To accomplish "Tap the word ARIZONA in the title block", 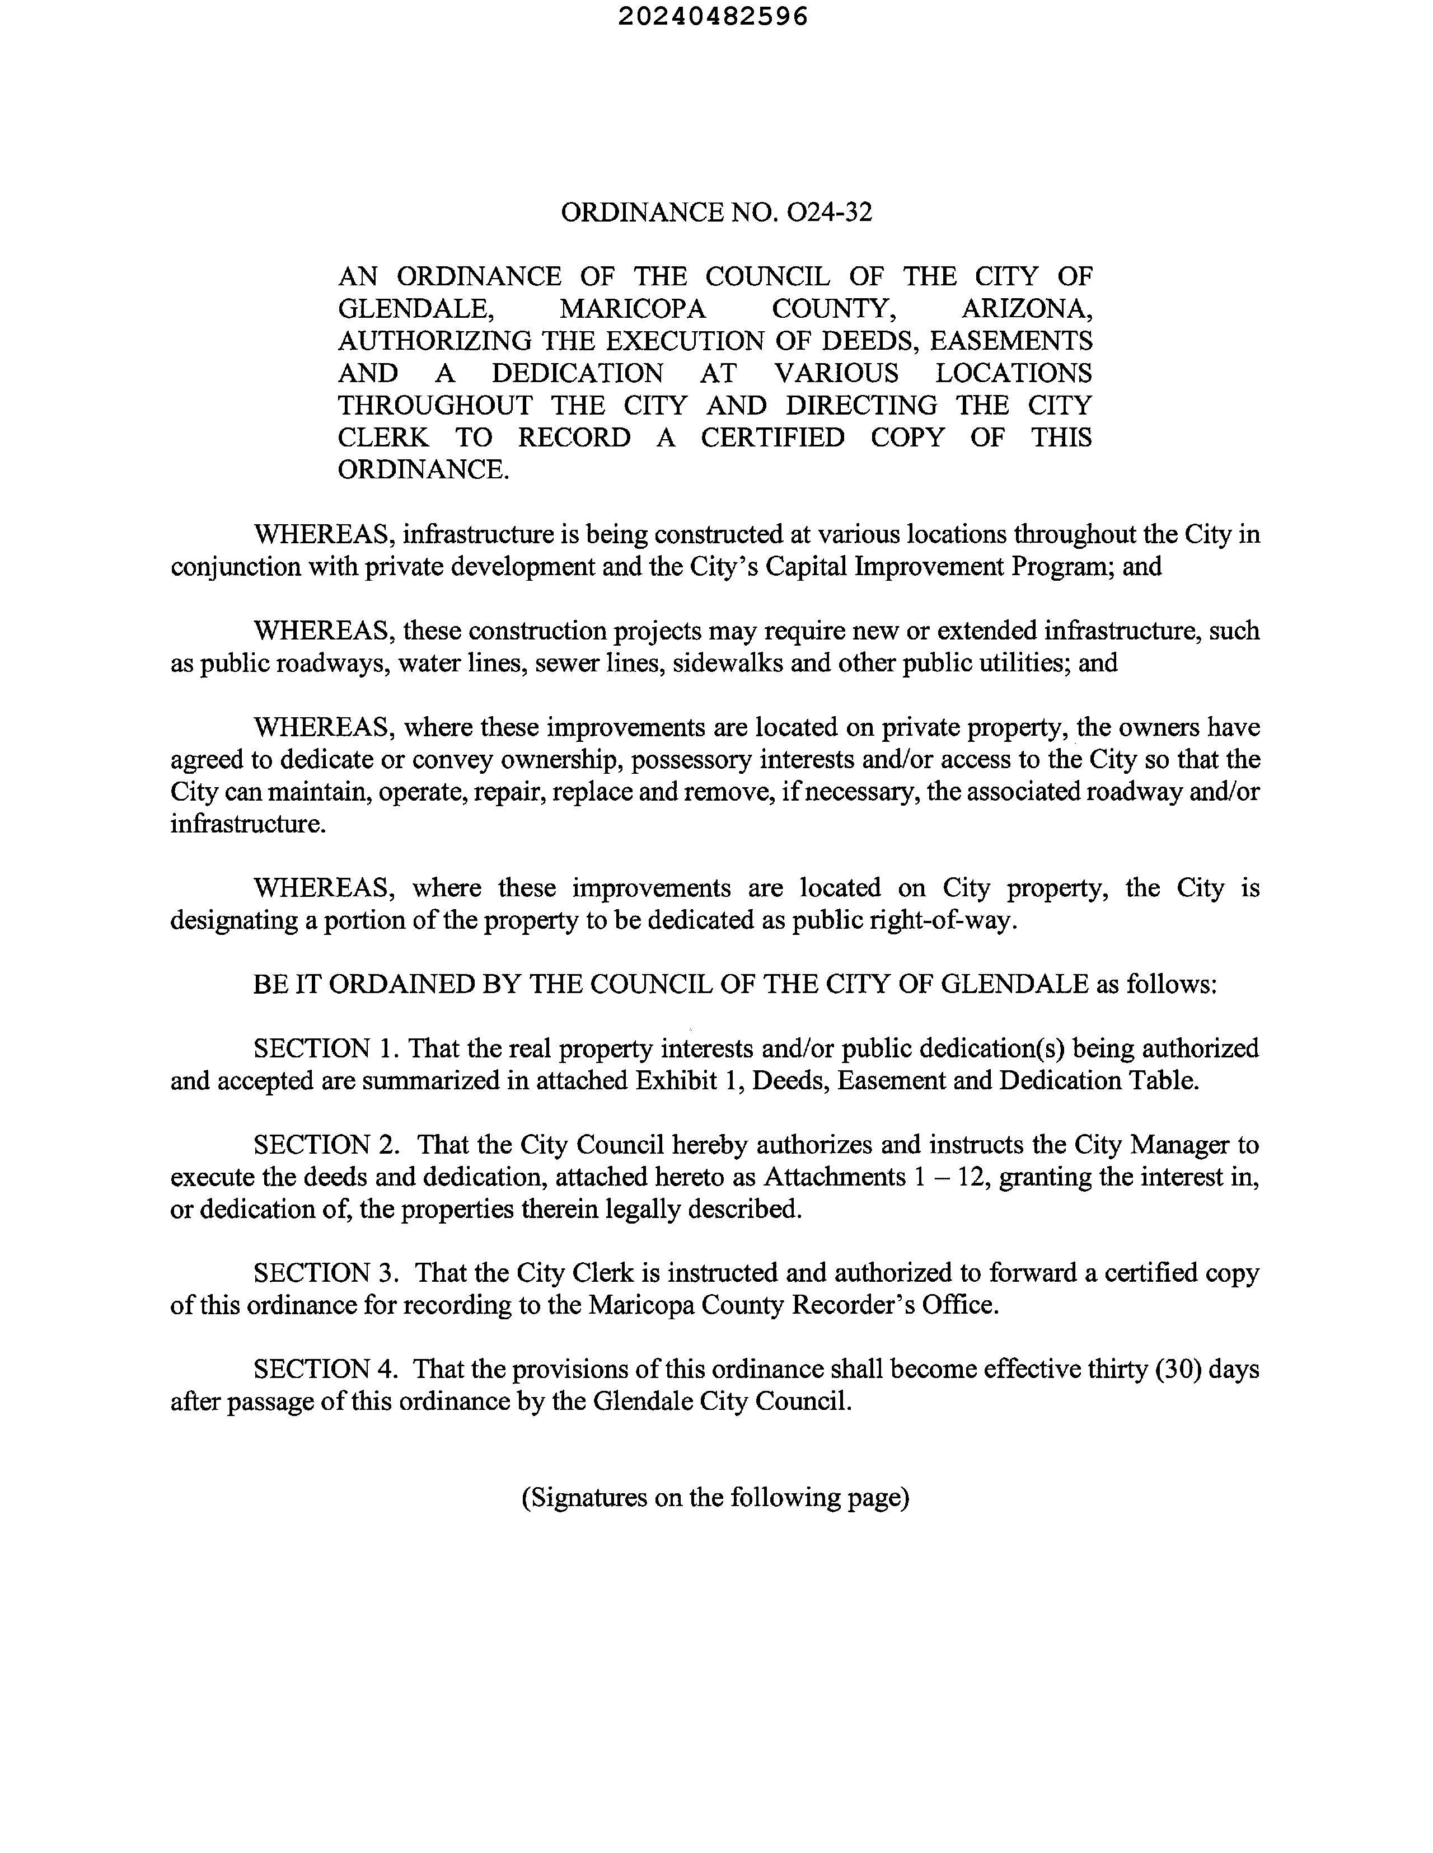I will coord(1027,309).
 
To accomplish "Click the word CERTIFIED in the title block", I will coord(772,438).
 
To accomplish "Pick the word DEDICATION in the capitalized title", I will coord(577,373).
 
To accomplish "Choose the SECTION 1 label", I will coord(325,1048).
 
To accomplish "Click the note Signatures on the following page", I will coord(715,1498).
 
